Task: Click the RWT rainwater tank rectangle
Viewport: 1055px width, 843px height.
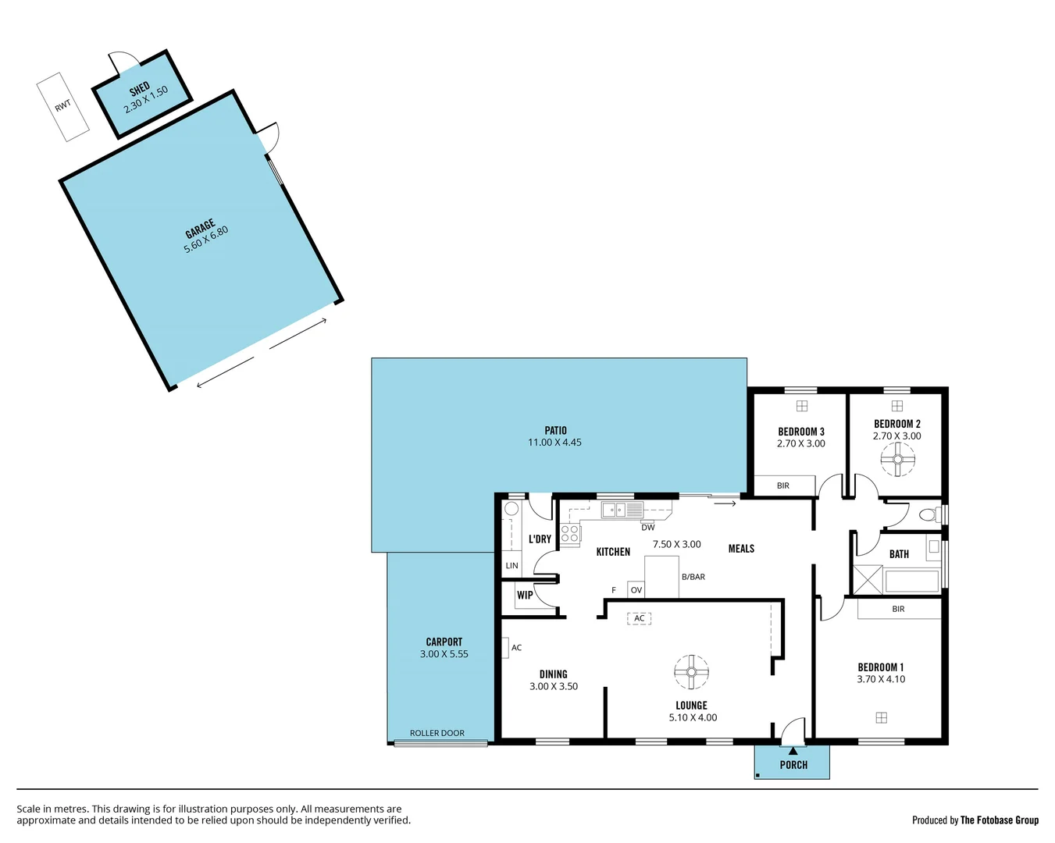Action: [63, 106]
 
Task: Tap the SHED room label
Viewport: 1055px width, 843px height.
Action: [139, 88]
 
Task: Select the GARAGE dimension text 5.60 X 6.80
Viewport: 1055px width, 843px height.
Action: [206, 239]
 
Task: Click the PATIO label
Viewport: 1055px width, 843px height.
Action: [555, 430]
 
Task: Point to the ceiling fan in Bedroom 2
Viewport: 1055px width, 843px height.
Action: [897, 460]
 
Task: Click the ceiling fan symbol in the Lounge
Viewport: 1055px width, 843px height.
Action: [691, 672]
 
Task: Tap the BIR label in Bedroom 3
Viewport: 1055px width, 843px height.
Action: [782, 486]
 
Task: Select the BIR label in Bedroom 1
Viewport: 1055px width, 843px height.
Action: [898, 609]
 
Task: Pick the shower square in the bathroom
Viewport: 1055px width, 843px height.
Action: [868, 580]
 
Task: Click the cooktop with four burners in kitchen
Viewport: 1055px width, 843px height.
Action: [570, 534]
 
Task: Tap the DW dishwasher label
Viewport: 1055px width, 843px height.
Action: [648, 528]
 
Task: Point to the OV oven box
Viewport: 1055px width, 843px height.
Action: [636, 590]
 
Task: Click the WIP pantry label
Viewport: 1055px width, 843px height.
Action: [525, 595]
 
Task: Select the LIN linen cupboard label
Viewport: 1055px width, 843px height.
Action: [511, 566]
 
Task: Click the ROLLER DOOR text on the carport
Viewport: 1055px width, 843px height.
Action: [437, 733]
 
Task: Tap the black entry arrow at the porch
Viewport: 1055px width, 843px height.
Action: [793, 751]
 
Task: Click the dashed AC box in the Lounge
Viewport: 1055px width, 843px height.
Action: [639, 618]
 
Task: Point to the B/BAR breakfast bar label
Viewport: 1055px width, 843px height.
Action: [693, 577]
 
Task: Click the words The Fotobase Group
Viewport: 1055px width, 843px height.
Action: [1000, 820]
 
